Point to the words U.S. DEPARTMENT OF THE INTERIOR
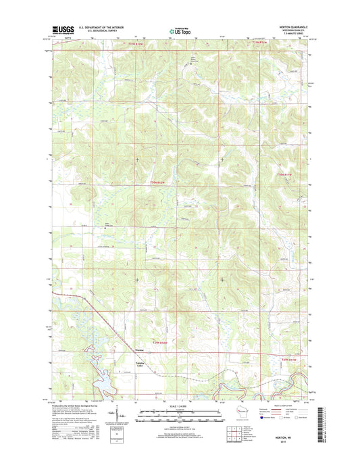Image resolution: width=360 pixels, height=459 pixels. pyautogui.click(x=101, y=26)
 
